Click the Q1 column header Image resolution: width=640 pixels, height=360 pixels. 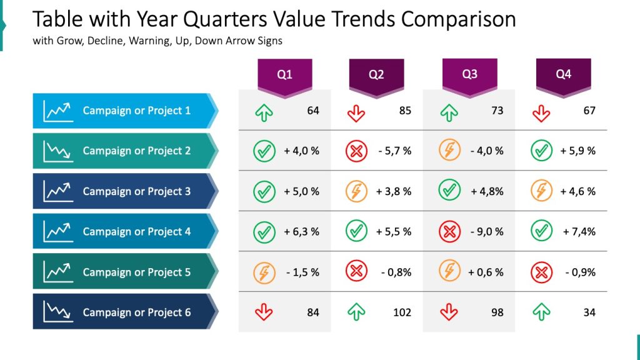tap(284, 75)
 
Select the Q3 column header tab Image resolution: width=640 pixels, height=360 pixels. tap(469, 75)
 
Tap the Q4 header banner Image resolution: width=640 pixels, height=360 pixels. tap(563, 75)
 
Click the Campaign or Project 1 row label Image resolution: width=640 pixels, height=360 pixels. tap(136, 111)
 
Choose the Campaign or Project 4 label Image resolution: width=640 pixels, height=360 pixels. tap(136, 232)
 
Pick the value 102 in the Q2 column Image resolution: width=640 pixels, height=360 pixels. tap(402, 312)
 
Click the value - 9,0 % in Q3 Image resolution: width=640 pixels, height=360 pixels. tap(486, 232)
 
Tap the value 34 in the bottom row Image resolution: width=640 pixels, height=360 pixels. tap(589, 312)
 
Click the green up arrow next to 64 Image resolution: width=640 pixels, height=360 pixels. tap(264, 112)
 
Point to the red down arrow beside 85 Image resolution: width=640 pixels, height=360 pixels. tap(356, 112)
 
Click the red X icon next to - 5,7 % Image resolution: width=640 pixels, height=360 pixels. tap(356, 151)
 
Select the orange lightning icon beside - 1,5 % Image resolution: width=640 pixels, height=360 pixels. tap(264, 272)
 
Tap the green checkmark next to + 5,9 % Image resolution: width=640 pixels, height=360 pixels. tap(541, 151)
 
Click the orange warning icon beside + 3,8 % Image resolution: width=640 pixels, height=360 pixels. tap(356, 191)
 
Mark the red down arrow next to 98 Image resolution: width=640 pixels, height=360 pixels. tap(449, 312)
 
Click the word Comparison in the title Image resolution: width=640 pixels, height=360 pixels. tap(458, 20)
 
